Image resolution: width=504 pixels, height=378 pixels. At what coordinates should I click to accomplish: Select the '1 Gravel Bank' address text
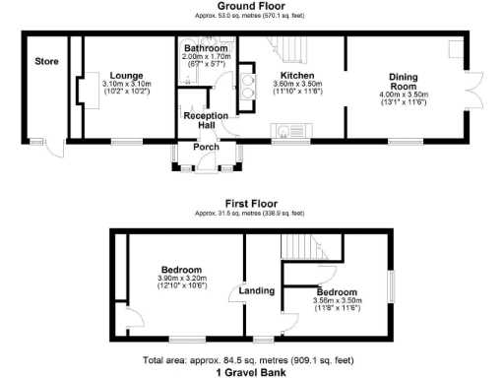(x=251, y=373)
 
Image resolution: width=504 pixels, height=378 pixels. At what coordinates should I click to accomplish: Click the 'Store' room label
(x=46, y=61)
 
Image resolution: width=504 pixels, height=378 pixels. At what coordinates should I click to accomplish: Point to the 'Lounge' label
(x=127, y=75)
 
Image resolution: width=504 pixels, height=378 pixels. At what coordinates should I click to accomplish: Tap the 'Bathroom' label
(x=206, y=48)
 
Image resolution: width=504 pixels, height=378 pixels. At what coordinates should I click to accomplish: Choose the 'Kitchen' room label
(x=296, y=75)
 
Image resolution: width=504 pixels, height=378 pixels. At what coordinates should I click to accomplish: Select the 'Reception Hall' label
(x=206, y=120)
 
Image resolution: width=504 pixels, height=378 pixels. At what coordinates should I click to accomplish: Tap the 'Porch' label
(x=206, y=150)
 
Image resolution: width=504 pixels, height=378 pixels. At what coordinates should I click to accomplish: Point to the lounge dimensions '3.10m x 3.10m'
(x=127, y=84)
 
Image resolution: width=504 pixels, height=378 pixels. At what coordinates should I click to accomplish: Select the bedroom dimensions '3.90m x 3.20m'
(x=183, y=279)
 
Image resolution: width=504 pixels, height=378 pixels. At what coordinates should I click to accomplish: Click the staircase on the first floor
(x=300, y=248)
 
